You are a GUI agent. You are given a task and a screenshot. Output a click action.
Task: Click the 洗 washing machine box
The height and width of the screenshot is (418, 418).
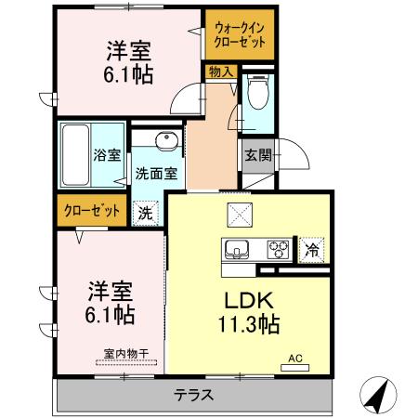tap(145, 212)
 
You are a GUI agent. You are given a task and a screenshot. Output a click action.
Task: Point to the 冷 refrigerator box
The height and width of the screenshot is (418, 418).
tap(314, 248)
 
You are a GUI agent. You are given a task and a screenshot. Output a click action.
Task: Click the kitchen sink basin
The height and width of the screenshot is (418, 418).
tap(236, 248)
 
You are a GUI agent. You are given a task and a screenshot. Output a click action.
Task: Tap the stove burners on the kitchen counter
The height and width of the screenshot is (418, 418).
tap(277, 248)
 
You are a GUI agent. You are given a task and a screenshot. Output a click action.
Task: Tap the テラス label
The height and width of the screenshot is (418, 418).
tap(194, 395)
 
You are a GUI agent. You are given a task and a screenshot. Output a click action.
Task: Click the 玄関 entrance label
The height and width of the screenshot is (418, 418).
tap(258, 155)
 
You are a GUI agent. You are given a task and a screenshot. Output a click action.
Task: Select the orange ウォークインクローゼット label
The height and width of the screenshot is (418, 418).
tap(240, 35)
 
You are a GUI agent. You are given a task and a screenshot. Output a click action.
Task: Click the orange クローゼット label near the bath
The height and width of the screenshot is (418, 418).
tap(91, 210)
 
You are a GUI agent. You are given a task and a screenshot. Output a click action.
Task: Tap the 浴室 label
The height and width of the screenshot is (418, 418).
tap(107, 155)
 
